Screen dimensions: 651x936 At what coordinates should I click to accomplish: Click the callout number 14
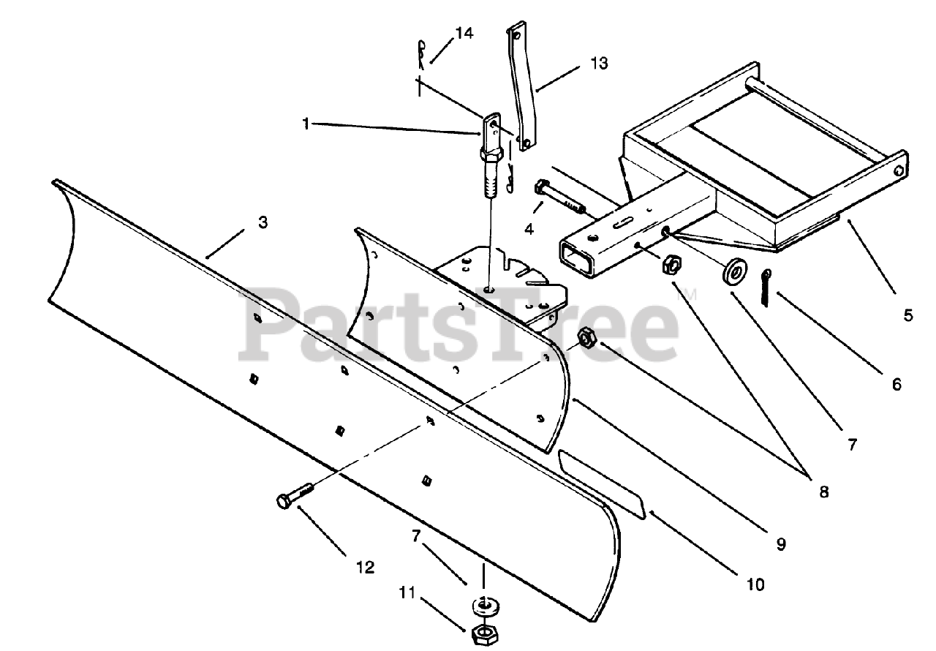pyautogui.click(x=464, y=33)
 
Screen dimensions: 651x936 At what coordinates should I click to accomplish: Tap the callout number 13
pyautogui.click(x=598, y=64)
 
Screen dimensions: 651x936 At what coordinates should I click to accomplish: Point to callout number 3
pyautogui.click(x=263, y=222)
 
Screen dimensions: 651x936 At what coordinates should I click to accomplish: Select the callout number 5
pyautogui.click(x=907, y=315)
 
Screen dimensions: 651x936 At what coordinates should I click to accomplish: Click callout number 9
pyautogui.click(x=780, y=544)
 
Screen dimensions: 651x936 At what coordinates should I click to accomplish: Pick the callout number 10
pyautogui.click(x=755, y=584)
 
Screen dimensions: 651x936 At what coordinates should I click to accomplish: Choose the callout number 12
pyautogui.click(x=365, y=567)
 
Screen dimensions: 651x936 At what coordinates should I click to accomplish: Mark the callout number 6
pyautogui.click(x=897, y=384)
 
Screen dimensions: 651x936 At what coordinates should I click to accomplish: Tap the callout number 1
pyautogui.click(x=306, y=124)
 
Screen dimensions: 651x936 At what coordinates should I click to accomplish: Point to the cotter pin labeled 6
pyautogui.click(x=765, y=287)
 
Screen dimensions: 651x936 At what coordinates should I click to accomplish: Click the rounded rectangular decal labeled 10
pyautogui.click(x=601, y=483)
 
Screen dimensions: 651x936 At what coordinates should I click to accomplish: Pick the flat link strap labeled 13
pyautogui.click(x=520, y=88)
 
